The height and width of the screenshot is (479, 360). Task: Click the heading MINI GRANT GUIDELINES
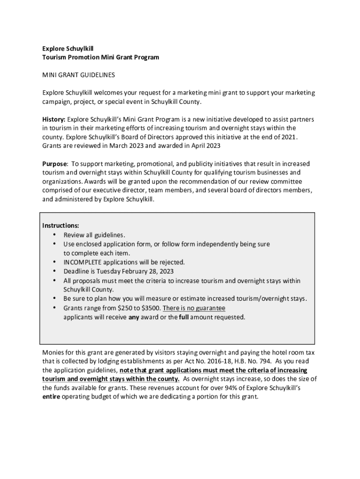point(79,75)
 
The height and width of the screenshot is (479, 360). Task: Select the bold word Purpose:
point(55,164)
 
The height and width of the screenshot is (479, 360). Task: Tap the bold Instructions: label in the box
point(61,225)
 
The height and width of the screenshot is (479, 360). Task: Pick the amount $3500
point(151,308)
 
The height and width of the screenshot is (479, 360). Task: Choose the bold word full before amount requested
point(184,317)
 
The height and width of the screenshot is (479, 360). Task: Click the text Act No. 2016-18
point(211,361)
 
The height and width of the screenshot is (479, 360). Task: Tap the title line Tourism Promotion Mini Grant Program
point(101,57)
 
